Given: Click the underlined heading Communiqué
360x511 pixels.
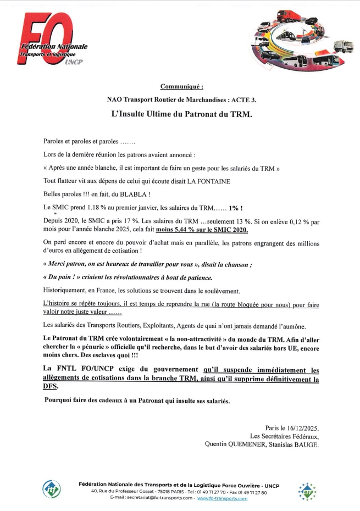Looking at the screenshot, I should click(181, 86).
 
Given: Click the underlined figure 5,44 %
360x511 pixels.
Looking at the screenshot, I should click(169, 231).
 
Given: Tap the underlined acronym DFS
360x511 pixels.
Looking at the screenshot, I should click(51, 387).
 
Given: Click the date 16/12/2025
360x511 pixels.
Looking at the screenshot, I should click(300, 427).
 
